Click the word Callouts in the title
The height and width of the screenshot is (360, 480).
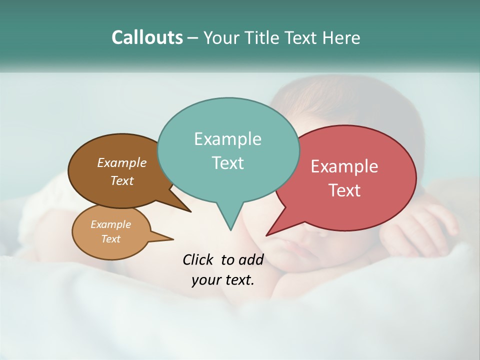[x=147, y=37]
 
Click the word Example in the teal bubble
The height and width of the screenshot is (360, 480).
[x=227, y=139]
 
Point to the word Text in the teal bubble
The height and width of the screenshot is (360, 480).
[x=227, y=163]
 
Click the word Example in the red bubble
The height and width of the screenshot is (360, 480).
[x=344, y=166]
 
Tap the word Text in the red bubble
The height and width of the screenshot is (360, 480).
[x=344, y=190]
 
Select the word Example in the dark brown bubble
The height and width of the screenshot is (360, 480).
[x=122, y=162]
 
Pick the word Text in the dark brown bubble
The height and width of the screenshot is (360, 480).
[x=122, y=180]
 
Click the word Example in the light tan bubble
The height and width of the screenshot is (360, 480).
[x=110, y=224]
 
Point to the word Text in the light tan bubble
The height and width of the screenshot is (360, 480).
[x=110, y=239]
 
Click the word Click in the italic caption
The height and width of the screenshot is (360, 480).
[x=198, y=259]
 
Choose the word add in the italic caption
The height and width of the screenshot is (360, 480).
[x=250, y=259]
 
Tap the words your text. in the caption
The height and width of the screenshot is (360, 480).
[x=222, y=280]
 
